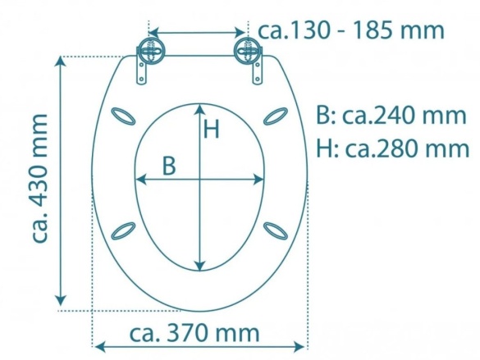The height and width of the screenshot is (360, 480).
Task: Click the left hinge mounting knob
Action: click(150, 52)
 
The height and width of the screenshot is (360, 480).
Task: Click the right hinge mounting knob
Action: click(248, 52)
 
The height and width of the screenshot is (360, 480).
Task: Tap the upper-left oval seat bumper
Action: click(123, 116)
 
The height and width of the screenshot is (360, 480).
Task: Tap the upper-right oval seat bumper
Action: click(276, 116)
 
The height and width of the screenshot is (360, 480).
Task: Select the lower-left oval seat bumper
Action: click(123, 230)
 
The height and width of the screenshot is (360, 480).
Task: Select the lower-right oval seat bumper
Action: click(276, 230)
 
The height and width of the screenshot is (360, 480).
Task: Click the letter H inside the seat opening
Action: click(212, 129)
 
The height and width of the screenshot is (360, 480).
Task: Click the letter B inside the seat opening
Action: click(169, 166)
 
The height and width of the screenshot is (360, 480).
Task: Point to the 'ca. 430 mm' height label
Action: click(39, 178)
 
